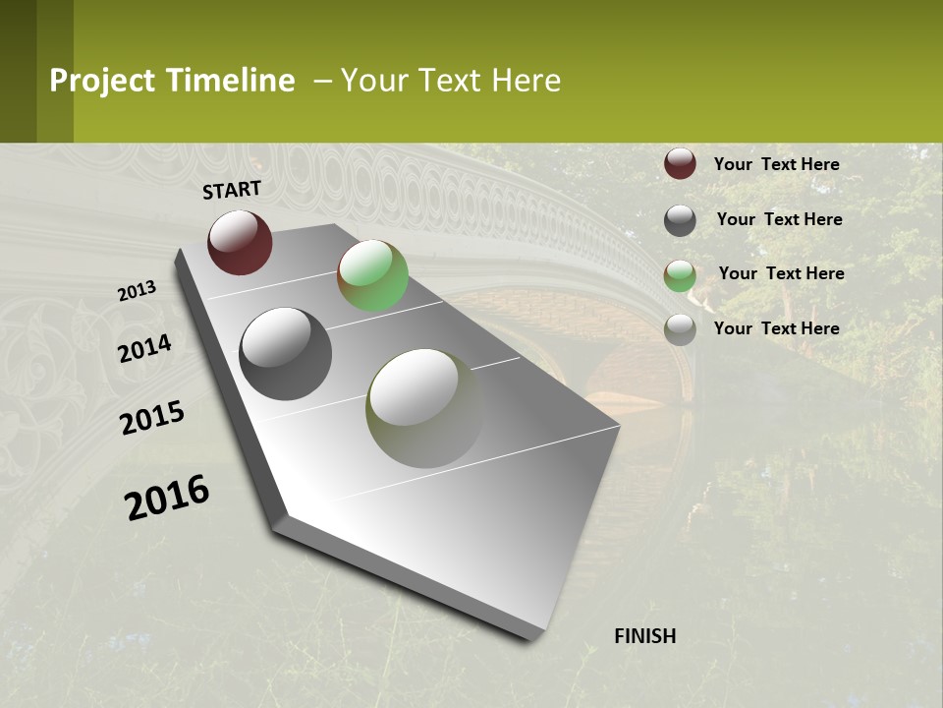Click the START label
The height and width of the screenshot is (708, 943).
[x=232, y=190]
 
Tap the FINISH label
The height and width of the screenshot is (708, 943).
[x=644, y=636]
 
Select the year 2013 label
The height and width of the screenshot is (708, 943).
[x=137, y=291]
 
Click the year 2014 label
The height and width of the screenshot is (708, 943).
[x=144, y=348]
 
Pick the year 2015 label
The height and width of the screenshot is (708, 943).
[x=152, y=418]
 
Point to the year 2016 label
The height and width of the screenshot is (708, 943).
[x=167, y=498]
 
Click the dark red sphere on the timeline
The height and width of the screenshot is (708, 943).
[x=240, y=242]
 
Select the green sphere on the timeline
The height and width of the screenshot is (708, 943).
[x=372, y=275]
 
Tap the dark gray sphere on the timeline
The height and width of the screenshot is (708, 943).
[x=286, y=354]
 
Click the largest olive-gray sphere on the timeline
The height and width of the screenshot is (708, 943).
[x=424, y=407]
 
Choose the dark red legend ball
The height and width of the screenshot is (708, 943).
[x=680, y=164]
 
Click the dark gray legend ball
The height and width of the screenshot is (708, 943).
[x=680, y=220]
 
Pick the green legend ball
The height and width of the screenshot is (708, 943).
[x=680, y=275]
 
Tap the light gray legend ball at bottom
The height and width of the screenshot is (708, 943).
[x=680, y=329]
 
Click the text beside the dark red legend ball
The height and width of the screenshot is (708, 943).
[x=776, y=164]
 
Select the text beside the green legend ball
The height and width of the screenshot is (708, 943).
[x=781, y=273]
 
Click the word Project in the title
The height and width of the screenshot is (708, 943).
[x=102, y=81]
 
